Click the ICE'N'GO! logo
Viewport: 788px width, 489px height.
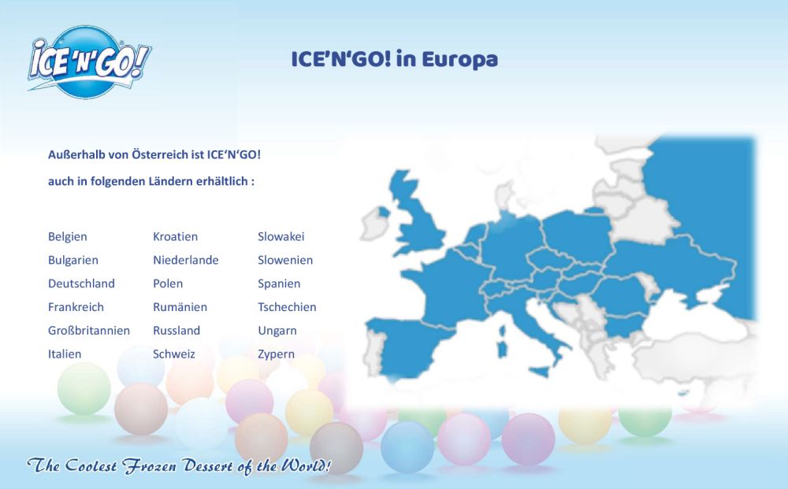[x=90, y=61]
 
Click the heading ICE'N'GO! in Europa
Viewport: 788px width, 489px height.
[x=395, y=59]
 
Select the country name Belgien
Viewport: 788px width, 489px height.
[x=67, y=237]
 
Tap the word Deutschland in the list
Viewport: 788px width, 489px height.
[x=81, y=283]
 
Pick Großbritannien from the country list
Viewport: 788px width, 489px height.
[x=89, y=331]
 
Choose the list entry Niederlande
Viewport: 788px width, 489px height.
[x=185, y=260]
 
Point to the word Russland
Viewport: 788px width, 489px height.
[x=177, y=331]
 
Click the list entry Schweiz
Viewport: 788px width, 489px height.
[x=174, y=354]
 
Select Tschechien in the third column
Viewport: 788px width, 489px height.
[x=287, y=307]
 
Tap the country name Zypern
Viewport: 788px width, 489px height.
[x=276, y=354]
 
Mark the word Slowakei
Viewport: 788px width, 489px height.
[x=281, y=236]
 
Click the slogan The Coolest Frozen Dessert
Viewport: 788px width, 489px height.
[x=179, y=466]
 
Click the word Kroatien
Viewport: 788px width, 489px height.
[x=176, y=236]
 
